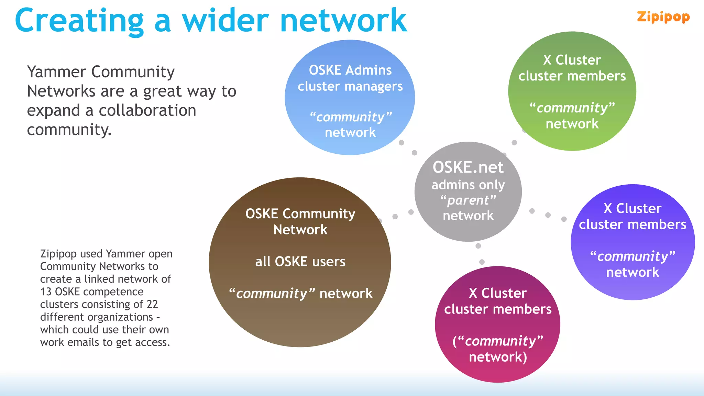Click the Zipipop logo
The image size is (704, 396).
(x=663, y=17)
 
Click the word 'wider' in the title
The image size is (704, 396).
(x=225, y=21)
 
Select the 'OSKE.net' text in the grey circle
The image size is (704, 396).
(x=468, y=167)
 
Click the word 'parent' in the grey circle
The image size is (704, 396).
(x=468, y=200)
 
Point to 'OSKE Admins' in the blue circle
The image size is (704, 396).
(x=350, y=70)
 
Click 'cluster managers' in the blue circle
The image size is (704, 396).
(x=350, y=86)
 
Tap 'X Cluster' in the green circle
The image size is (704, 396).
(x=572, y=60)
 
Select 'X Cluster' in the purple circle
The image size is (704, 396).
(x=632, y=209)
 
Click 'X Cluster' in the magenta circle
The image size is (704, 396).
(x=497, y=293)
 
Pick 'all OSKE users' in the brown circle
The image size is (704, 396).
(x=300, y=262)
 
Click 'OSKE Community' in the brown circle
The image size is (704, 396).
(x=300, y=214)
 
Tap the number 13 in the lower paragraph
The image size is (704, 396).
(x=46, y=292)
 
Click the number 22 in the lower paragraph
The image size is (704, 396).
(x=152, y=305)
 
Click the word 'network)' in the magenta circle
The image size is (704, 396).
(x=498, y=357)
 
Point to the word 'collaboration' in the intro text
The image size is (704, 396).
(x=147, y=111)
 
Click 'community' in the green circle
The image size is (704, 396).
(x=572, y=108)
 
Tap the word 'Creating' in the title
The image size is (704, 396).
(x=79, y=21)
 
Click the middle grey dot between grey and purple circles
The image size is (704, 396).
(x=548, y=215)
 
